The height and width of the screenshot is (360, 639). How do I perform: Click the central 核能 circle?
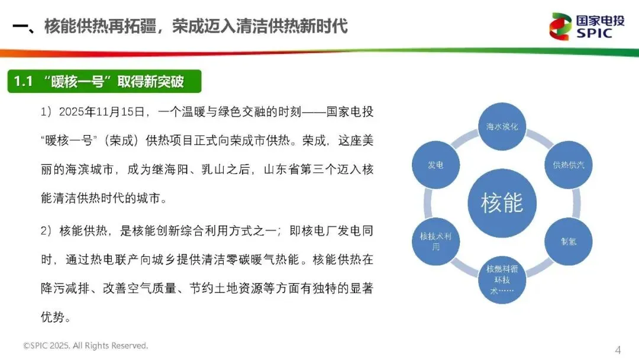502,203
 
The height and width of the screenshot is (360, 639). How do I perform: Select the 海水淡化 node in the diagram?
502,127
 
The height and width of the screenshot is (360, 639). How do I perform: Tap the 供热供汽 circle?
568,165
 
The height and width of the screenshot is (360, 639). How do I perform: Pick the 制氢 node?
568,242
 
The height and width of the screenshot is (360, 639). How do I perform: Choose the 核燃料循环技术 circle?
502,278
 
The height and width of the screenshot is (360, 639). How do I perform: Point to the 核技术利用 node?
435,242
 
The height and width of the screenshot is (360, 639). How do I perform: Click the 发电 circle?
435,165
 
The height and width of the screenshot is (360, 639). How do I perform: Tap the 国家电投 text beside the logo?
599,21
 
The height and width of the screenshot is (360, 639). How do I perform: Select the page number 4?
618,349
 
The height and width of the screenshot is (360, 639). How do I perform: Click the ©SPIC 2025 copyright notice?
85,345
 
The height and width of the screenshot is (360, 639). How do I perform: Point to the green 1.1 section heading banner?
104,82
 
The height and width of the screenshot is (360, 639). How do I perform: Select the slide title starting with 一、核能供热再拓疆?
180,27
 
